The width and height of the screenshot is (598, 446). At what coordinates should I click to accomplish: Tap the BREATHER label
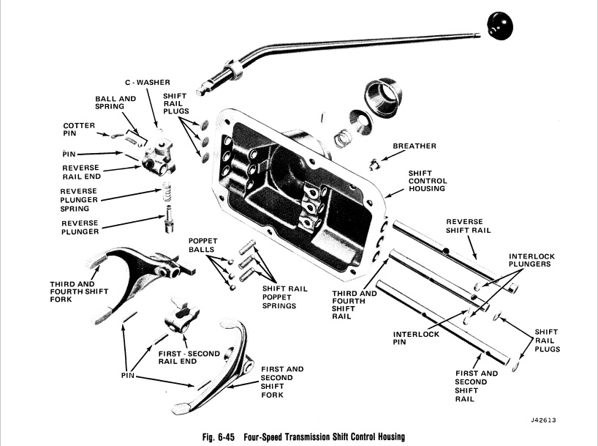coord(415,146)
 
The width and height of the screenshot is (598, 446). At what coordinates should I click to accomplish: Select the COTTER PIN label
coord(79,130)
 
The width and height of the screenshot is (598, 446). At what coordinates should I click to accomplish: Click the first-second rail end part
coord(183,319)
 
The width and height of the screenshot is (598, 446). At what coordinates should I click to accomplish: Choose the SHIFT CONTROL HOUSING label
coord(428,181)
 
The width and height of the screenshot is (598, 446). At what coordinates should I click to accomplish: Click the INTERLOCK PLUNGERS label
coord(531,260)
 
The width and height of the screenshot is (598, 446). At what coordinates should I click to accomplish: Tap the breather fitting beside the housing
coord(374,161)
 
